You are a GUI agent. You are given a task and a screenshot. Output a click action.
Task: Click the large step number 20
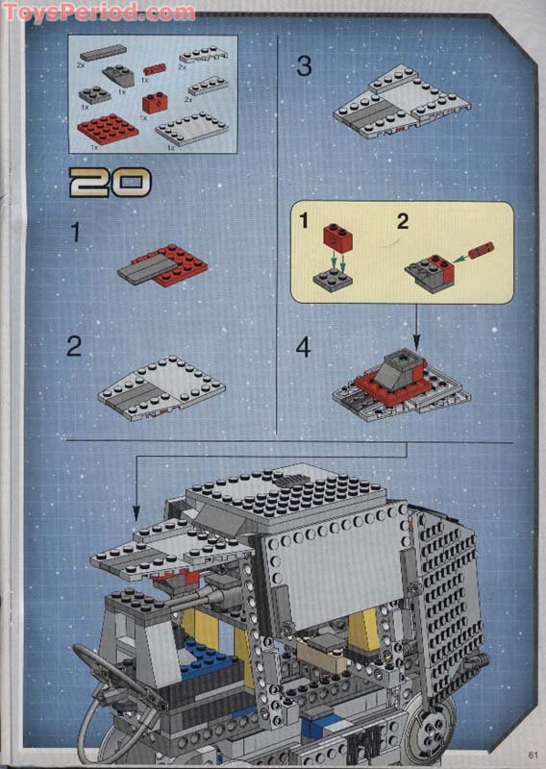[111, 182]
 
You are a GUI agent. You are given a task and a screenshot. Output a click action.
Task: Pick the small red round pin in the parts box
[154, 69]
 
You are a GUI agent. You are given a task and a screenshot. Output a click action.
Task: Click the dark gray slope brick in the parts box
[119, 75]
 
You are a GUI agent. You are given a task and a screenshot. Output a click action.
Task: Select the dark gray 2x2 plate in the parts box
[95, 95]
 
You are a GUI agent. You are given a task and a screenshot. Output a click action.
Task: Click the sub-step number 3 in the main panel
[304, 66]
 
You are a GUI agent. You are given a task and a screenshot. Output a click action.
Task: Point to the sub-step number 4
[304, 347]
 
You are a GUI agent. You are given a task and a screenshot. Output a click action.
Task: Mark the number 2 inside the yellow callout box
[402, 222]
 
